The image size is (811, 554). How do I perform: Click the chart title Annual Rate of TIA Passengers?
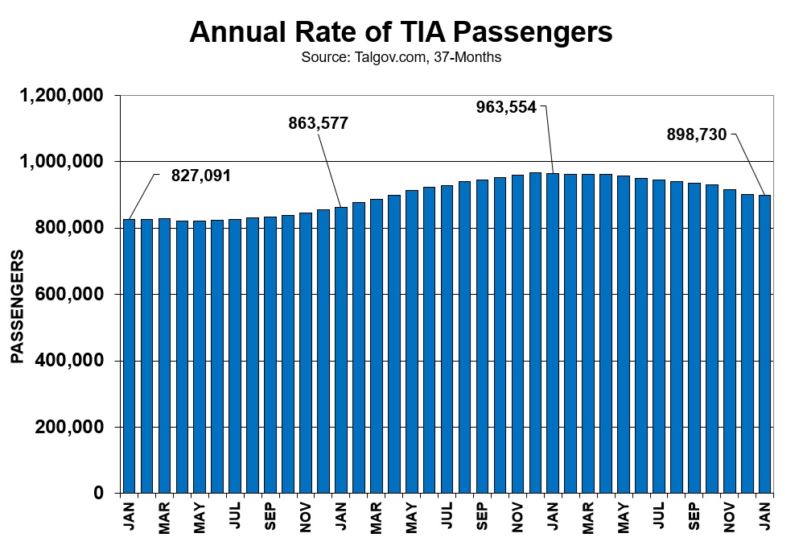point(401,32)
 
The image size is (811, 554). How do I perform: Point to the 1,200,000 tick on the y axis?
point(61,96)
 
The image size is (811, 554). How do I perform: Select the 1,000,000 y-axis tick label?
point(61,162)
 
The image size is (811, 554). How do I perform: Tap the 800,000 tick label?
point(71,228)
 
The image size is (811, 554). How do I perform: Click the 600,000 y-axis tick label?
point(71,295)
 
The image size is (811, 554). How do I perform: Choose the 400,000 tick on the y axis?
point(71,361)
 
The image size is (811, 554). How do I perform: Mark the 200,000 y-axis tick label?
point(71,427)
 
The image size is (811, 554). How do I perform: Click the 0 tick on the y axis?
point(99,493)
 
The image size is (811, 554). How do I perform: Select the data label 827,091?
point(201,175)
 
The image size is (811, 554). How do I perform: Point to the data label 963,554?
point(506,106)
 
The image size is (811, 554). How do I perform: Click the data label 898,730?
point(697,134)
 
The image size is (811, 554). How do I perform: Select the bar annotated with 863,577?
point(341,350)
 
